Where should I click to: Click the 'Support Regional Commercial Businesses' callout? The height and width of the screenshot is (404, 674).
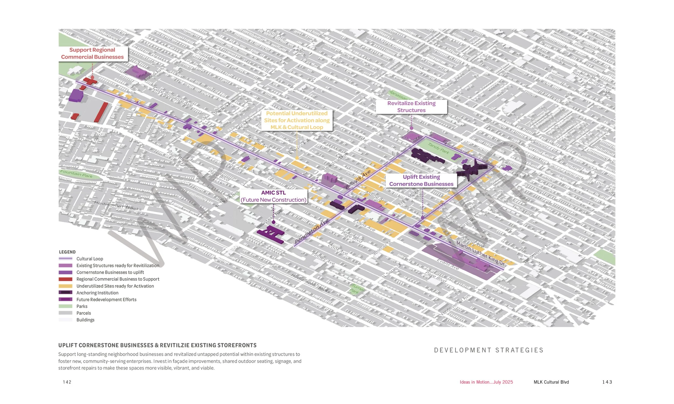tap(92, 53)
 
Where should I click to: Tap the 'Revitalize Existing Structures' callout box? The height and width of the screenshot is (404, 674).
tap(411, 107)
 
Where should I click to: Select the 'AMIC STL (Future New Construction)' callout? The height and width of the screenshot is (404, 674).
tap(273, 196)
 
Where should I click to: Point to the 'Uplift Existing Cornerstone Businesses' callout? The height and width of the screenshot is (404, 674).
tap(421, 180)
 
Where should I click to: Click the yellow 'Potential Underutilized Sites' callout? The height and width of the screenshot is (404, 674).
tap(297, 120)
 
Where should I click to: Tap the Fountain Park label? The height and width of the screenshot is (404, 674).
tap(76, 174)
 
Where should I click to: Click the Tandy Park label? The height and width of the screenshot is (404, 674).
tap(438, 148)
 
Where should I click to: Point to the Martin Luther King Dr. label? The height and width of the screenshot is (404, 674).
tap(481, 253)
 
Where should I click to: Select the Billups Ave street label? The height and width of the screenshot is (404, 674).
tap(358, 179)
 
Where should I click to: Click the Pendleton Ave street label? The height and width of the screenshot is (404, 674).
tap(311, 231)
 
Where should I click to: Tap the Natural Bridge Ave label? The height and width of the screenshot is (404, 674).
tap(591, 81)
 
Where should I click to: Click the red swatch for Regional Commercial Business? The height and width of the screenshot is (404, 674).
tap(66, 279)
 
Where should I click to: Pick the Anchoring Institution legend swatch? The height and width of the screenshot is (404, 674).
tap(66, 293)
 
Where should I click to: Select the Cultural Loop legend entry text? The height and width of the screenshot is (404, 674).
tap(90, 259)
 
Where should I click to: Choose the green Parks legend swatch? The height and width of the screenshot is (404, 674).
tap(66, 306)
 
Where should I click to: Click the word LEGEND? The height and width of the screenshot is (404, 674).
tap(67, 252)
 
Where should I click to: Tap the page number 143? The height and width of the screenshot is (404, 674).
tap(607, 382)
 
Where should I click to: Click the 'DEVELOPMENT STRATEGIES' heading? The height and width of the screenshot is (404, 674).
tap(489, 350)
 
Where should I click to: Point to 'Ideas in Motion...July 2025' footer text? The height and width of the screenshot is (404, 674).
tap(486, 382)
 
